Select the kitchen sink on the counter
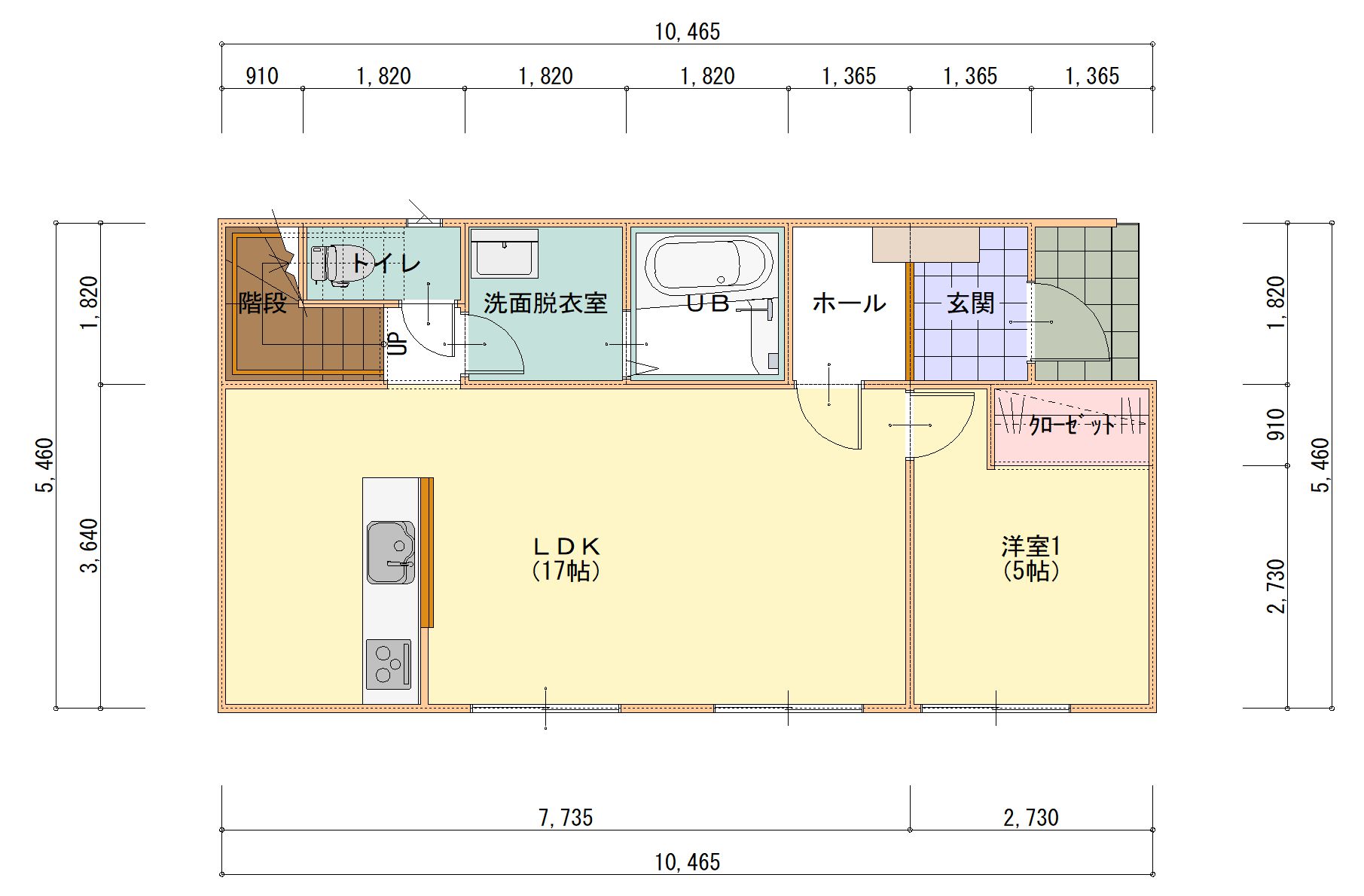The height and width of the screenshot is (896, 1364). (x=391, y=552)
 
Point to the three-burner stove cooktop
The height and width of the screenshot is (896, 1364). (x=389, y=664)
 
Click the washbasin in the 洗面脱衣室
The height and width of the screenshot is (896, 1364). (x=504, y=254)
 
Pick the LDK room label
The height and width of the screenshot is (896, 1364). (x=566, y=545)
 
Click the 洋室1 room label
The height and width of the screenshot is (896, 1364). (x=1031, y=545)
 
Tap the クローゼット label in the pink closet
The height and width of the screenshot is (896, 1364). (x=1072, y=425)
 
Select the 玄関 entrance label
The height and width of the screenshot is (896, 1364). (x=971, y=303)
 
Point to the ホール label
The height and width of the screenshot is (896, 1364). (x=849, y=303)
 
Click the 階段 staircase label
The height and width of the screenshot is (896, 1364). (x=263, y=303)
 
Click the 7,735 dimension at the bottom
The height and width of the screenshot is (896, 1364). (x=566, y=817)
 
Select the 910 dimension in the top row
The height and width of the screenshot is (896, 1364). (x=262, y=76)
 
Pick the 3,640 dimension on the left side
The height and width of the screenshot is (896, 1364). (x=90, y=546)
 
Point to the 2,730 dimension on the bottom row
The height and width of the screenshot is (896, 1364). (x=1031, y=817)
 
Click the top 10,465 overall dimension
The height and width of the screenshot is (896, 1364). (x=687, y=32)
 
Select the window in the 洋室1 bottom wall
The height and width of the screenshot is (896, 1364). (x=995, y=709)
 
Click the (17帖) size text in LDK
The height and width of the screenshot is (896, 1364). (x=566, y=571)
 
